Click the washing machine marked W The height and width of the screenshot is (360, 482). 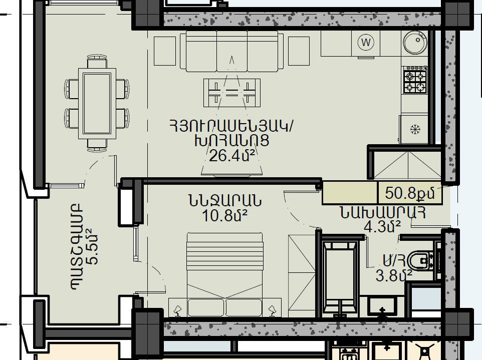366,42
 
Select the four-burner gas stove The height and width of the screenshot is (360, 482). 415,80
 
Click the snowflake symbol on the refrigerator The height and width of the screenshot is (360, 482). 415,129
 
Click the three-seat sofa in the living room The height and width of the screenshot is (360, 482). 232,51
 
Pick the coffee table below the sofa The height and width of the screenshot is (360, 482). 232,93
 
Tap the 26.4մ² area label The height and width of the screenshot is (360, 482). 232,156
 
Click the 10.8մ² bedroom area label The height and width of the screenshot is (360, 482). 224,216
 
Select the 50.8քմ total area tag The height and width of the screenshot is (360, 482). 410,193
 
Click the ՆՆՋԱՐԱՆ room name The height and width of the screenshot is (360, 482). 225,201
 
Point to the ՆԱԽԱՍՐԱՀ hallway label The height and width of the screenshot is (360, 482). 383,213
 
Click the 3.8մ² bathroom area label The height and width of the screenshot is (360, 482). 394,276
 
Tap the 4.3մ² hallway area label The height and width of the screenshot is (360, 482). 382,227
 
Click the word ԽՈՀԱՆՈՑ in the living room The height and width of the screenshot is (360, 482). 232,141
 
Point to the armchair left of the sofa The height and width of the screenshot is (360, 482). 165,51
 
